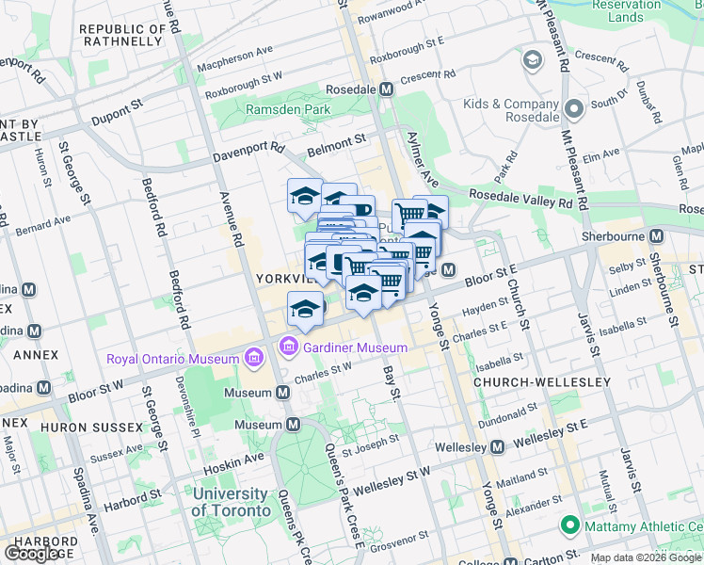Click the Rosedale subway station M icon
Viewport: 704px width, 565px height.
click(386, 89)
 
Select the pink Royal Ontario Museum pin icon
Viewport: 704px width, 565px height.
click(252, 358)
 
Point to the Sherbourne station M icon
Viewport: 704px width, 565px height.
click(657, 234)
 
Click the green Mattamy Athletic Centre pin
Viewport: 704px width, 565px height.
click(568, 525)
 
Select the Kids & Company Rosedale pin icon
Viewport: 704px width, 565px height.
click(573, 112)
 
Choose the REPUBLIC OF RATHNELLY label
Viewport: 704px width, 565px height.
click(123, 35)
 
